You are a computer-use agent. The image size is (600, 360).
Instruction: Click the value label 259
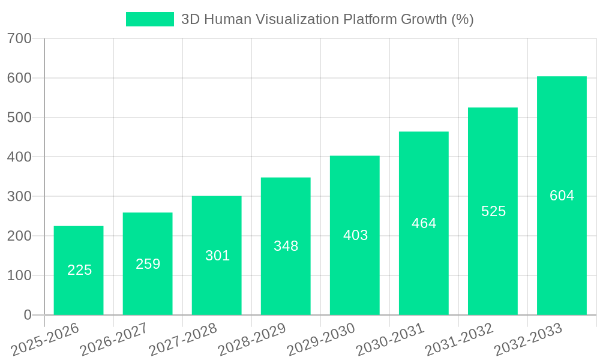(x=148, y=264)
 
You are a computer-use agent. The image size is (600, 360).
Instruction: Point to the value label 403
(x=355, y=235)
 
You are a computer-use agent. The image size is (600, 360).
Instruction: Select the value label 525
(x=493, y=211)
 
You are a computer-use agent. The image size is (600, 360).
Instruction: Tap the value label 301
(x=217, y=256)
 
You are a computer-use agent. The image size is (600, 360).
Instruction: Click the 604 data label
(x=562, y=196)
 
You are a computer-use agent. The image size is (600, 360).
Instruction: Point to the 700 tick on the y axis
(x=19, y=39)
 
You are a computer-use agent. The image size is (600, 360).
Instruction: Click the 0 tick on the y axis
(x=27, y=315)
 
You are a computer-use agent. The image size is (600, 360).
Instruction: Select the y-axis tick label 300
(x=19, y=197)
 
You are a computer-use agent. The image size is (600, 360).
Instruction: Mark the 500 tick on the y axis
(x=19, y=118)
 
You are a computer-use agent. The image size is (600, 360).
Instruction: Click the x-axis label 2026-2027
(x=114, y=340)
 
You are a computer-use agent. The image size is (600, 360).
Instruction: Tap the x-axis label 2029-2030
(x=321, y=340)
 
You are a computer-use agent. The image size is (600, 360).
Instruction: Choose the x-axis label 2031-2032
(x=459, y=340)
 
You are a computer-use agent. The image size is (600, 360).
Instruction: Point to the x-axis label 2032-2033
(x=528, y=340)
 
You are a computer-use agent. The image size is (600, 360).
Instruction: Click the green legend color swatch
(x=149, y=19)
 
